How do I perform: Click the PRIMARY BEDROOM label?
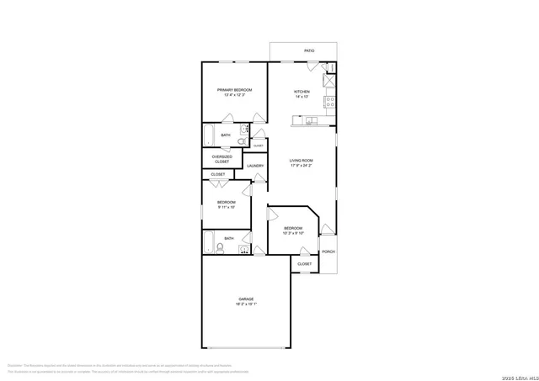click(x=234, y=89)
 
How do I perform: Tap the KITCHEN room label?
click(x=302, y=91)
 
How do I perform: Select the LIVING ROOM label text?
click(x=302, y=160)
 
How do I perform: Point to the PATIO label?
click(x=309, y=51)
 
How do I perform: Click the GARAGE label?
click(x=245, y=299)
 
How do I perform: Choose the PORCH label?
click(x=328, y=251)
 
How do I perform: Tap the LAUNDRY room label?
click(x=255, y=166)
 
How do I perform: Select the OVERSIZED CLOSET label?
click(x=221, y=158)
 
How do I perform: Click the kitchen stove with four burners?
click(x=331, y=102)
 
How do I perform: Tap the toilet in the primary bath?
click(x=241, y=142)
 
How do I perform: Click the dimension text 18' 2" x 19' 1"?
click(x=245, y=304)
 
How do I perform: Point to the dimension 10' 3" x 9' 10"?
click(x=293, y=234)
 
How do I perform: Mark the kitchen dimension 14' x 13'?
click(x=302, y=97)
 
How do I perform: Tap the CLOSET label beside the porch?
click(x=304, y=264)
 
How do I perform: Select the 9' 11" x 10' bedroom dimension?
click(x=226, y=207)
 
